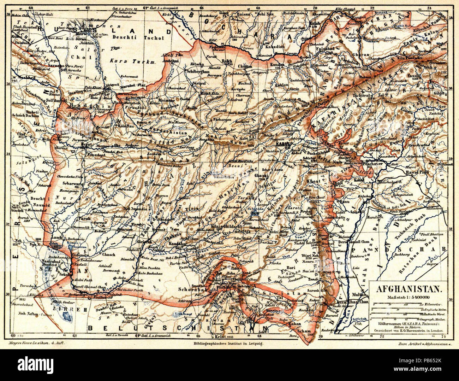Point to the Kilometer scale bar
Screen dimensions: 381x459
[x=406, y=304]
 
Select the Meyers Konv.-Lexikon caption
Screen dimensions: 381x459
[x=35, y=343]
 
